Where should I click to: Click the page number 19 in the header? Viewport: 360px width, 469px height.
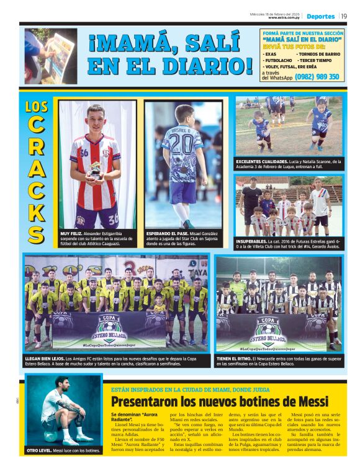pos(343,16)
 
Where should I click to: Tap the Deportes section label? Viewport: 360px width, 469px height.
pos(320,16)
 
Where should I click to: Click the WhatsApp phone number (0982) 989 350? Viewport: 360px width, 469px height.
pos(317,77)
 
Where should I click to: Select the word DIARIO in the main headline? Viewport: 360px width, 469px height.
pos(203,65)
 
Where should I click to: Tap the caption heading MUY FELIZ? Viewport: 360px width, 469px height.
pos(70,234)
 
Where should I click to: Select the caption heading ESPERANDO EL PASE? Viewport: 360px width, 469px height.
pos(166,234)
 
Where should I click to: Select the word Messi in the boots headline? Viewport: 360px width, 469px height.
pos(307,401)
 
